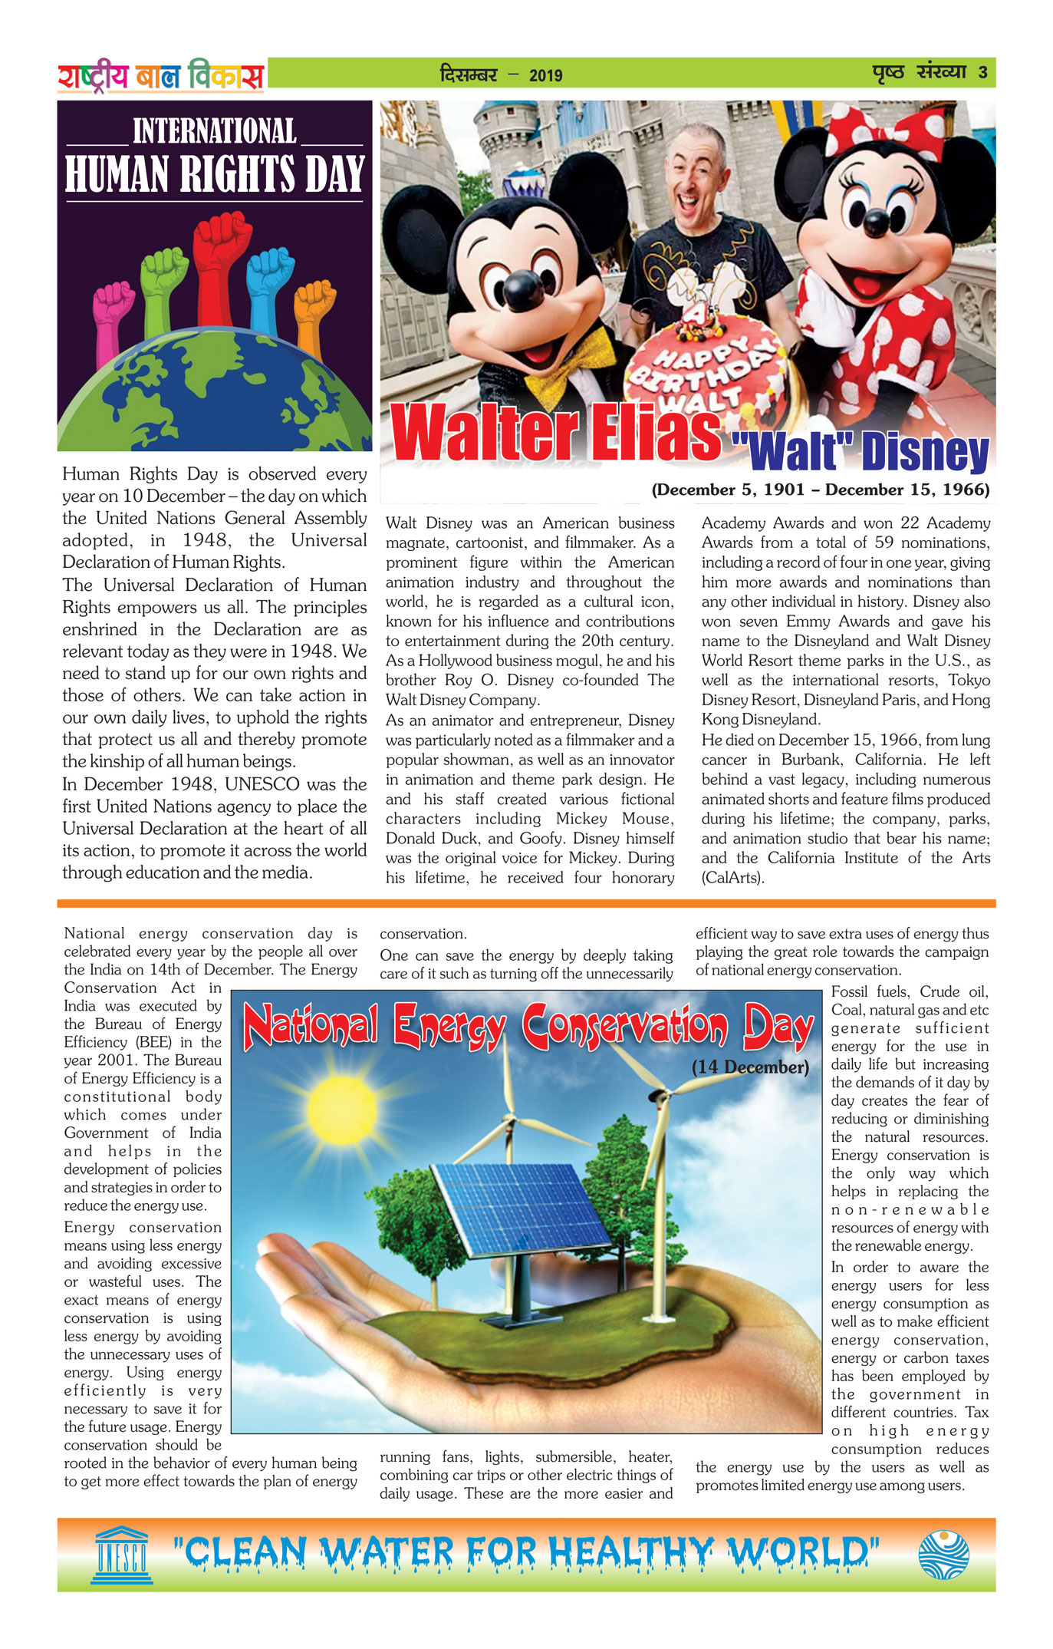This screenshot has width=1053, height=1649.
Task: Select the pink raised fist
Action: pyautogui.click(x=114, y=307)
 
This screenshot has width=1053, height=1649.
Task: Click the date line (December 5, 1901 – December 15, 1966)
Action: pyautogui.click(x=820, y=490)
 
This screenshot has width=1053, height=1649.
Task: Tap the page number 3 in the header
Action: pyautogui.click(x=982, y=74)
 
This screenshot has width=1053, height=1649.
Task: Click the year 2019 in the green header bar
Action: pyautogui.click(x=545, y=75)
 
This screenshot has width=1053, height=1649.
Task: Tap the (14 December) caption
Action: pyautogui.click(x=749, y=1067)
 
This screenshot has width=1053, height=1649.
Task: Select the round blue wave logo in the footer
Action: pyautogui.click(x=943, y=1554)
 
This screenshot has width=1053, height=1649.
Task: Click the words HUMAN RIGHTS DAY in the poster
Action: pyautogui.click(x=214, y=174)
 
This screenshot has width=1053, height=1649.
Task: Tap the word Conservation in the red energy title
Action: pyautogui.click(x=624, y=1027)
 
